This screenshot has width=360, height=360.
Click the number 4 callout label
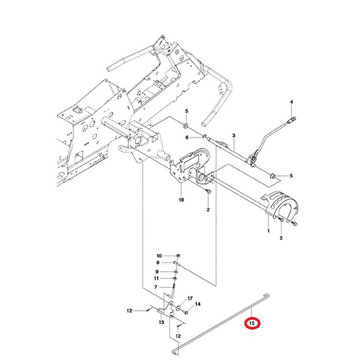292,102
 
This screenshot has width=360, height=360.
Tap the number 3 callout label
233,136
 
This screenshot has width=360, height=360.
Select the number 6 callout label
187,137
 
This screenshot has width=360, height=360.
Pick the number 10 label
159,256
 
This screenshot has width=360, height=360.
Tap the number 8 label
158,263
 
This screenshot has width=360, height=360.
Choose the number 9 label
158,272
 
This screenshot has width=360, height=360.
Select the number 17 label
190,299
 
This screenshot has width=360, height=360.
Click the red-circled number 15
251,323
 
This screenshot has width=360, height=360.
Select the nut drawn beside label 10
177,256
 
